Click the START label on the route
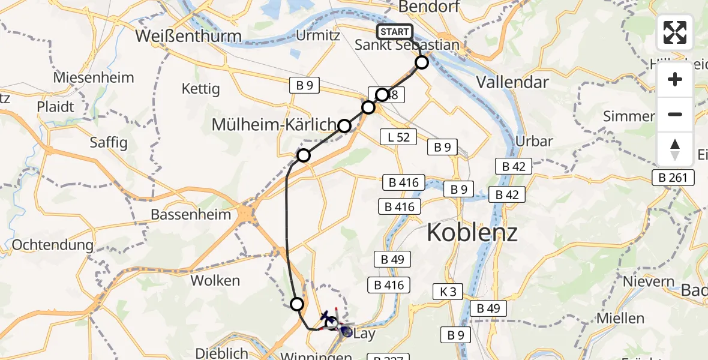pos(394,32)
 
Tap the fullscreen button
pos(675,32)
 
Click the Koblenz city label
pos(472,232)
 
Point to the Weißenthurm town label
pos(188,36)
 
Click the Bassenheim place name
pos(191,214)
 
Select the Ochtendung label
pos(53,245)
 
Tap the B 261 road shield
pos(675,177)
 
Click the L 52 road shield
pos(398,137)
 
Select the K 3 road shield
pos(448,292)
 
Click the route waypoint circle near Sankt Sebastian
pos(422,62)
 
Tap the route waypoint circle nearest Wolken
pos(296,304)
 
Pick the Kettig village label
pos(200,89)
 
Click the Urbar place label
pos(534,142)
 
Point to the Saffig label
pos(109,142)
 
